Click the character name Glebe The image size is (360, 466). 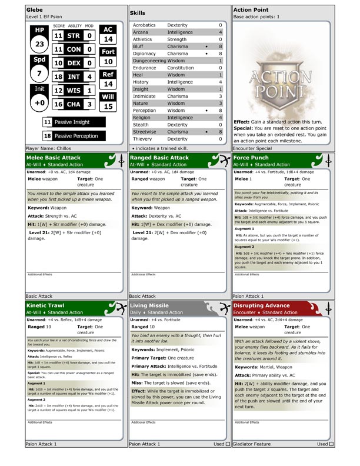(35, 10)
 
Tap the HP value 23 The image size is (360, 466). (39, 45)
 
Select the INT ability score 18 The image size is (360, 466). (58, 76)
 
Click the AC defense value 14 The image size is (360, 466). (108, 39)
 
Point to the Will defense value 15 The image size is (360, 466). (108, 106)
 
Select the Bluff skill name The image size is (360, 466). (139, 45)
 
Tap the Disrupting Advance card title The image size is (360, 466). (262, 306)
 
